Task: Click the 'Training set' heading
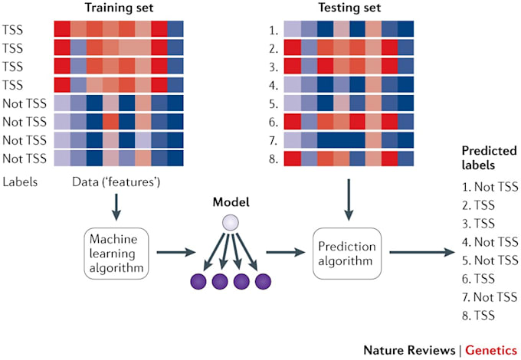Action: click(118, 8)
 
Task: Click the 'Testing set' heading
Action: click(348, 8)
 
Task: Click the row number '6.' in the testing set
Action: click(269, 121)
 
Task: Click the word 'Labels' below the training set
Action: click(18, 183)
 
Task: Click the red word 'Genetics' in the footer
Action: click(492, 349)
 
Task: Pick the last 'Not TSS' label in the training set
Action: click(23, 159)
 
